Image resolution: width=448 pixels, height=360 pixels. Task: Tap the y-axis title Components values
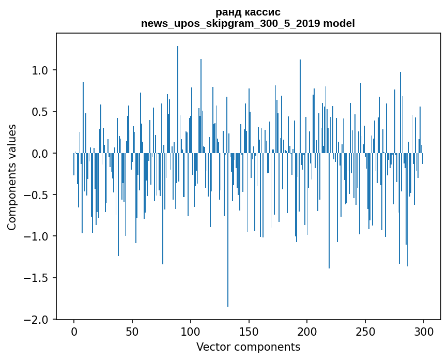pos(12,177)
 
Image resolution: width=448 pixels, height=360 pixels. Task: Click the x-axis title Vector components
pos(248,347)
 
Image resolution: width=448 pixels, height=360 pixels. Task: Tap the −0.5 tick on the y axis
pos(37,195)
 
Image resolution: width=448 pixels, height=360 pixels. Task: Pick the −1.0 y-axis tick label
pos(37,236)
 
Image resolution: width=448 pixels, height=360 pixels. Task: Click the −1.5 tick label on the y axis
pos(37,278)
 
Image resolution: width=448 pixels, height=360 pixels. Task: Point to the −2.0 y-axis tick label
pos(37,320)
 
